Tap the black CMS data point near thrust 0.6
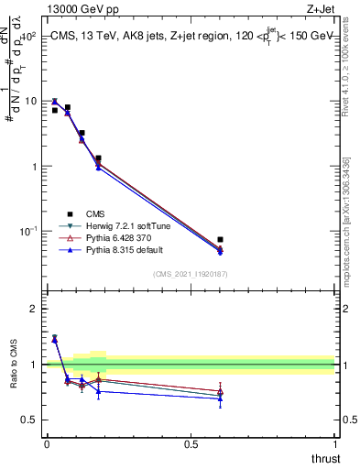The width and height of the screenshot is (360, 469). click(220, 240)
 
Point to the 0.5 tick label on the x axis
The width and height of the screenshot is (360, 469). click(191, 444)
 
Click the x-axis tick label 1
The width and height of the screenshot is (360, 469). click(334, 444)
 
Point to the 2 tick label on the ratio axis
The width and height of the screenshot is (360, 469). click(33, 309)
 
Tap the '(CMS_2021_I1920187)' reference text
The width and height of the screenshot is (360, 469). click(191, 274)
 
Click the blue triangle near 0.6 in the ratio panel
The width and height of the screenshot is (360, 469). click(220, 398)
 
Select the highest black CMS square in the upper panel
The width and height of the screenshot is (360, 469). click(67, 107)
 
